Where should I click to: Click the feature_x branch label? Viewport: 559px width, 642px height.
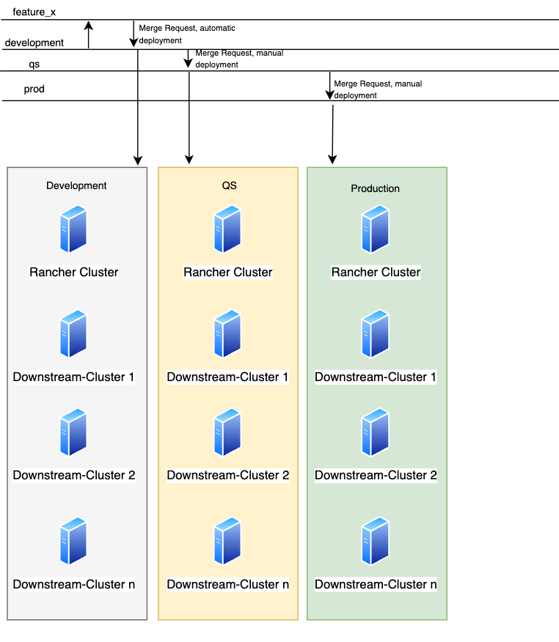(x=34, y=12)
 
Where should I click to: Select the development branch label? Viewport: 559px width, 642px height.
(x=34, y=43)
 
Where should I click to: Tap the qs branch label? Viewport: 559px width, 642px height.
(x=34, y=64)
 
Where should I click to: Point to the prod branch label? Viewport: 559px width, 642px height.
(x=34, y=89)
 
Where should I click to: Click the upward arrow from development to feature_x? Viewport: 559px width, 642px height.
(x=89, y=34)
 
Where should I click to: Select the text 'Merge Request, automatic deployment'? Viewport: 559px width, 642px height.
(x=187, y=34)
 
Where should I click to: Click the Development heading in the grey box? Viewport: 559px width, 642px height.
(x=76, y=185)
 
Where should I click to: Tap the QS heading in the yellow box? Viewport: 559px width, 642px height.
(x=229, y=185)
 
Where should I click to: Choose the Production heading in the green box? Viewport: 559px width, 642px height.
(x=375, y=188)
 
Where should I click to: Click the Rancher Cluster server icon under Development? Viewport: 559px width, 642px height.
(x=73, y=229)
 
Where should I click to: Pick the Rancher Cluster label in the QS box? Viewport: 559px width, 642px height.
(x=228, y=272)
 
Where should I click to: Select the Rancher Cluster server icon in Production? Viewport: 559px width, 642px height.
(x=375, y=229)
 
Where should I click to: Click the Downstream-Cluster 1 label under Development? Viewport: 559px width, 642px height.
(x=74, y=377)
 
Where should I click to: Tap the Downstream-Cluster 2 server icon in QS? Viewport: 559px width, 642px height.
(x=227, y=432)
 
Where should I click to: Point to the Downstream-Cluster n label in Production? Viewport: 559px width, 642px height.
(x=376, y=584)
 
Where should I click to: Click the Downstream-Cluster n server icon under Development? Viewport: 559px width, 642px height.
(x=73, y=541)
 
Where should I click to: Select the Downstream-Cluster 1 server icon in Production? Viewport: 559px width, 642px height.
(x=375, y=333)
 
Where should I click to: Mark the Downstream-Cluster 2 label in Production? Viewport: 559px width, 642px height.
(x=376, y=475)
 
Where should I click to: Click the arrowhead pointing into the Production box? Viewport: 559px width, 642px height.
(x=332, y=160)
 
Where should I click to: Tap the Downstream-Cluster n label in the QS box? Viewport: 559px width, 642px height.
(x=228, y=584)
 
